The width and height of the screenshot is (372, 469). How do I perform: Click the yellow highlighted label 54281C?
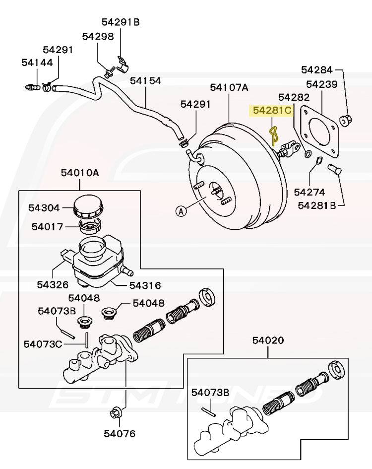click(272, 111)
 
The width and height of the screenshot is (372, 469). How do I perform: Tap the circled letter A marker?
click(181, 211)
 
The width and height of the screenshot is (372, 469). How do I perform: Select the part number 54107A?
click(229, 87)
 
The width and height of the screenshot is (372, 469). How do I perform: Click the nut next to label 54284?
click(346, 119)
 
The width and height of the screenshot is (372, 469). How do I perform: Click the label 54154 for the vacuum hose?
click(145, 80)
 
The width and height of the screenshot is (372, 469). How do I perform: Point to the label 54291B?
click(121, 22)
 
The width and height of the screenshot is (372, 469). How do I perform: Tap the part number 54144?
click(37, 63)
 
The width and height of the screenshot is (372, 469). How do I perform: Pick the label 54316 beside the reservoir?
click(145, 285)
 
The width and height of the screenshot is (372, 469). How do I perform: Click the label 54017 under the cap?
click(47, 227)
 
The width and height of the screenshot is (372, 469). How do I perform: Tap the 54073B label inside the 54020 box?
click(210, 392)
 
